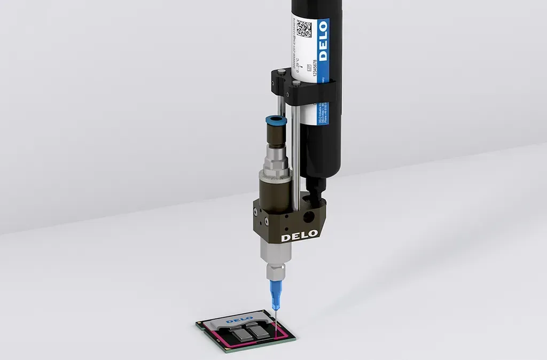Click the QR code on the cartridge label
click(x=303, y=28)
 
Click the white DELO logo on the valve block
click(x=300, y=234)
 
